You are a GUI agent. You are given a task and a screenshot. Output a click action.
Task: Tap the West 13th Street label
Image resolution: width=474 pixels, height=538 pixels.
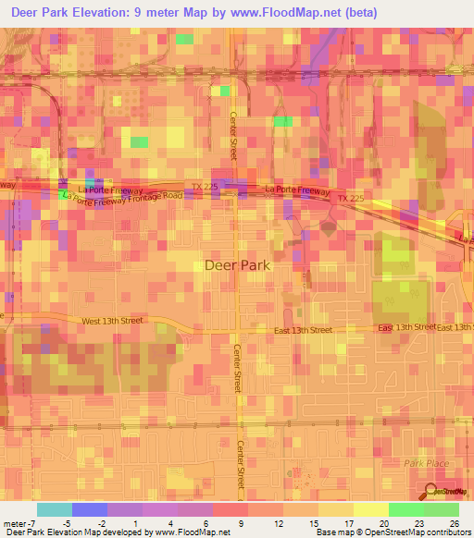click(x=112, y=321)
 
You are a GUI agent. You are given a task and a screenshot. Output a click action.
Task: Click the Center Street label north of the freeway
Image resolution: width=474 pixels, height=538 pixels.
click(x=234, y=134)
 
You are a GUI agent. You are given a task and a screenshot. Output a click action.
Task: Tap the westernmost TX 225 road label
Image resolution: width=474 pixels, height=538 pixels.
click(x=203, y=187)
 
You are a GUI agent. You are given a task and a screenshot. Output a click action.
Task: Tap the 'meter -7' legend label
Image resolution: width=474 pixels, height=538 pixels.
click(x=19, y=522)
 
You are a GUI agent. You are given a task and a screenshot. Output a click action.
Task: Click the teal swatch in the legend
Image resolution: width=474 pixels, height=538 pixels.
click(x=55, y=509)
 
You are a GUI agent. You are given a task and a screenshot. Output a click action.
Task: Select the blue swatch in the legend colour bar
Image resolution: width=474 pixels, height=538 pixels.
click(x=90, y=509)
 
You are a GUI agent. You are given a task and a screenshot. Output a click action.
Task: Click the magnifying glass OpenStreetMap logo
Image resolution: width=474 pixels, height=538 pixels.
click(x=430, y=493)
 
